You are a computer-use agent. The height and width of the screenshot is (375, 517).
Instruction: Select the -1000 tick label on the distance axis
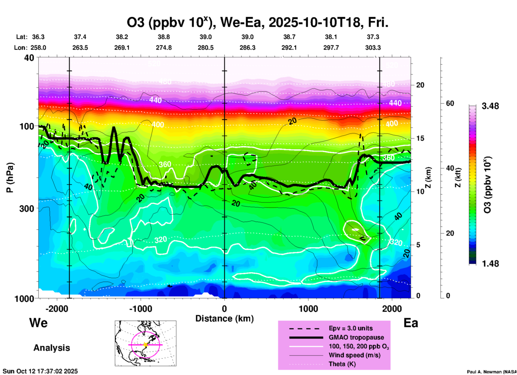tap(140, 309)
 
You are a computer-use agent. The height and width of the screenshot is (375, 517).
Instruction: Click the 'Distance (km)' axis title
tap(224, 319)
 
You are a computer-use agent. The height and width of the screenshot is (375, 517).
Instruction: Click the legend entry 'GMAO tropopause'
tap(356, 337)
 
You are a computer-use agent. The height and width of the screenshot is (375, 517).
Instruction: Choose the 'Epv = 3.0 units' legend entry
tap(351, 328)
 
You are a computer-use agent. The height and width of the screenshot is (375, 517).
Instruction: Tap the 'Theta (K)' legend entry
tap(342, 364)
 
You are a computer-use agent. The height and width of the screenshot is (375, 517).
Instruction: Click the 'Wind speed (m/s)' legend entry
tap(354, 355)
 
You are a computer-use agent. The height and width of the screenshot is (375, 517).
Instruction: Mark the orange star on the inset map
tap(145, 345)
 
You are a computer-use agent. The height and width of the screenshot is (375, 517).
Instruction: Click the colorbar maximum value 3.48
tap(490, 106)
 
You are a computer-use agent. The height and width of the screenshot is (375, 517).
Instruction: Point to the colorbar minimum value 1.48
tap(490, 264)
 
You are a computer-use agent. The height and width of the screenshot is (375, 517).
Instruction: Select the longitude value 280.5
tap(206, 48)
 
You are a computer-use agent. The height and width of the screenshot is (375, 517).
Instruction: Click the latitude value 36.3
tap(38, 37)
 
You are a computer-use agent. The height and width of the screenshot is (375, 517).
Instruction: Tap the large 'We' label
tap(38, 323)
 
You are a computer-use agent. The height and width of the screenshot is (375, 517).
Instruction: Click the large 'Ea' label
tap(411, 323)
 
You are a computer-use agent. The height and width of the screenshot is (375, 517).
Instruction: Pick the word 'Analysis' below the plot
tap(52, 348)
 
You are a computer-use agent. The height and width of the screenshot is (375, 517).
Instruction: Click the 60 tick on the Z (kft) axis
tap(450, 103)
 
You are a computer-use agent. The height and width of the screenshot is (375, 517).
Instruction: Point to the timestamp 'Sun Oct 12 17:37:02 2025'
tap(40, 371)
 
